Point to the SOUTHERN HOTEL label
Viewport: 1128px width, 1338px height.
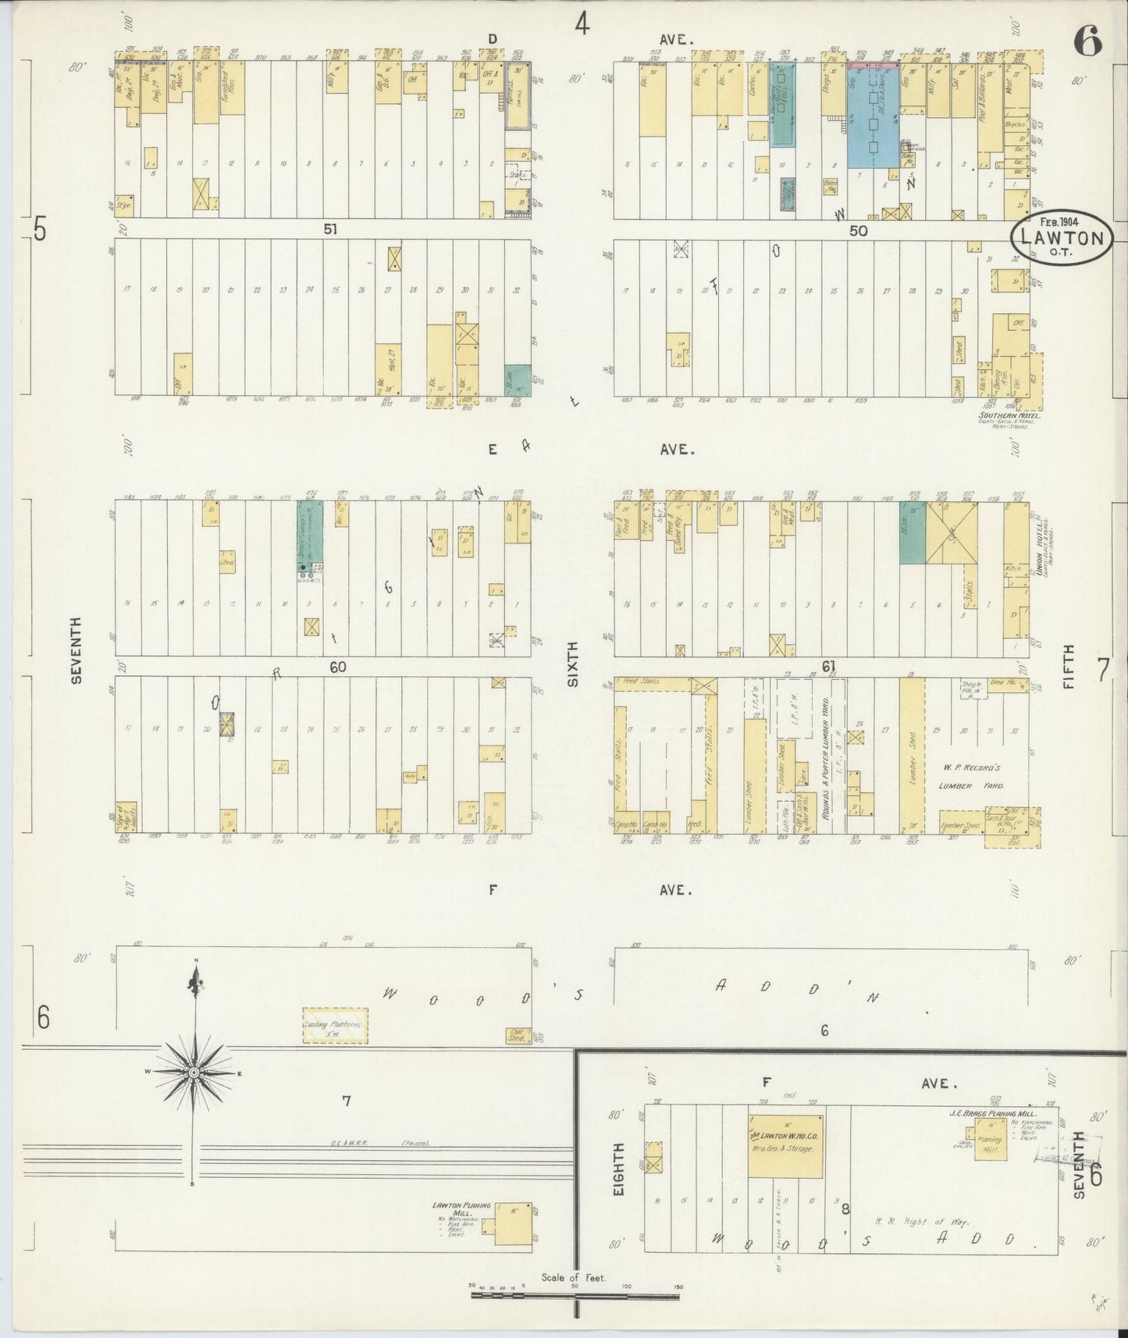[x=1000, y=415]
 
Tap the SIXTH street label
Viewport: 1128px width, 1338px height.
[x=574, y=663]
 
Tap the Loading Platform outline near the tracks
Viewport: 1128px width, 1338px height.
[x=335, y=1025]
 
